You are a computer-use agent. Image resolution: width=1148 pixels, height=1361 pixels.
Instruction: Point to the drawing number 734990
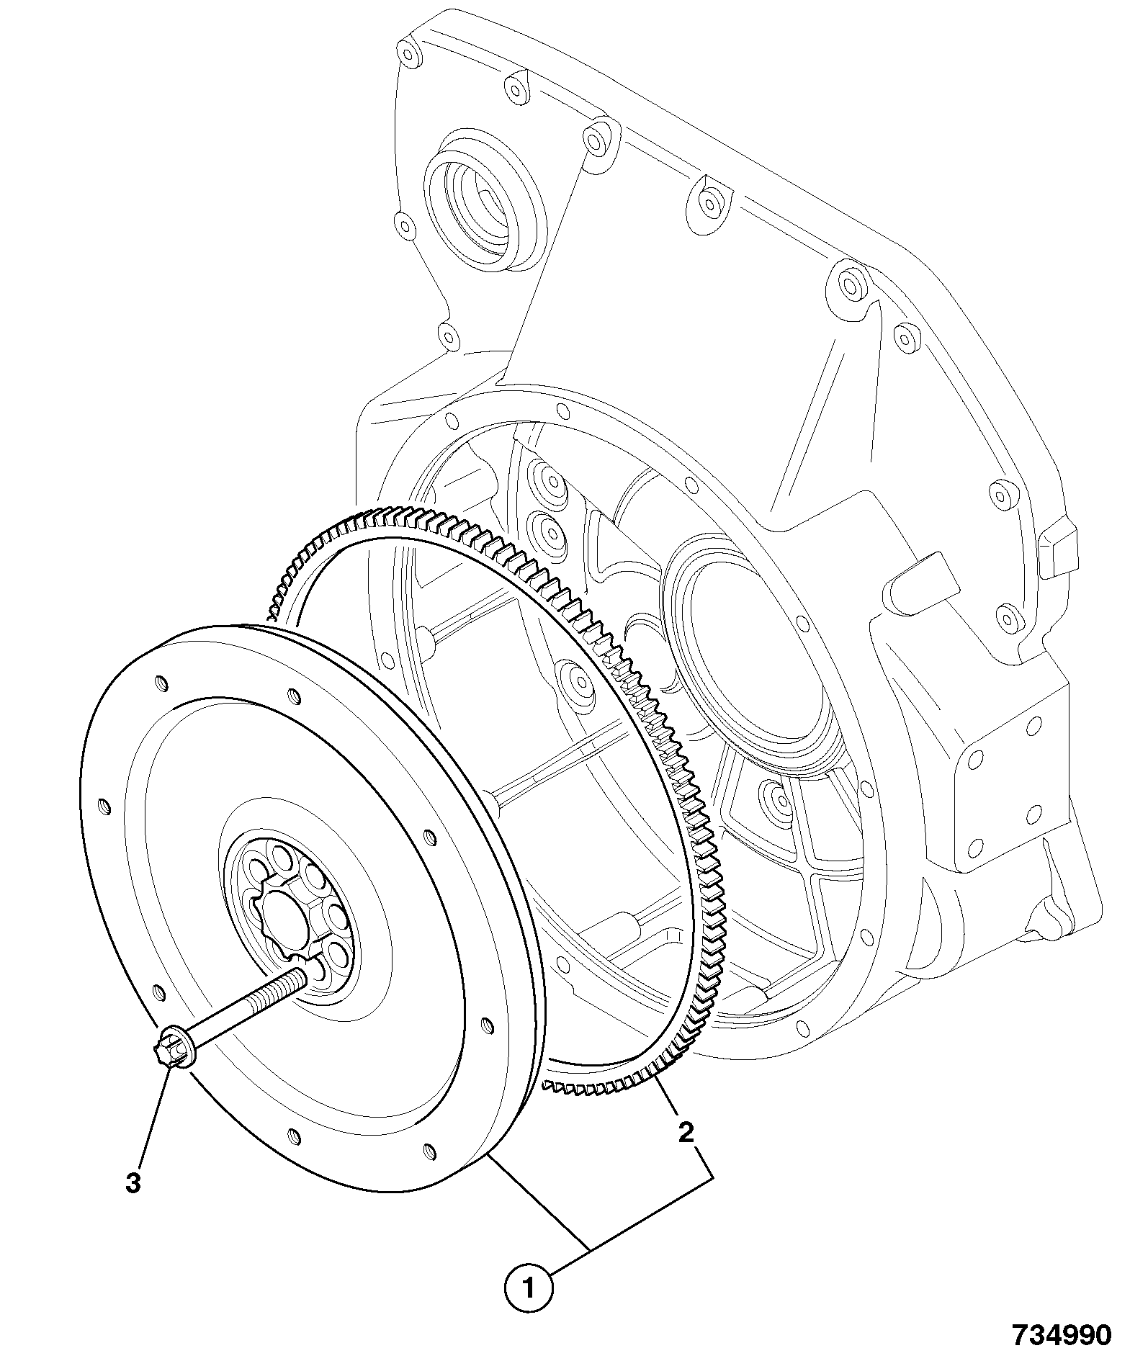pos(1062,1335)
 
